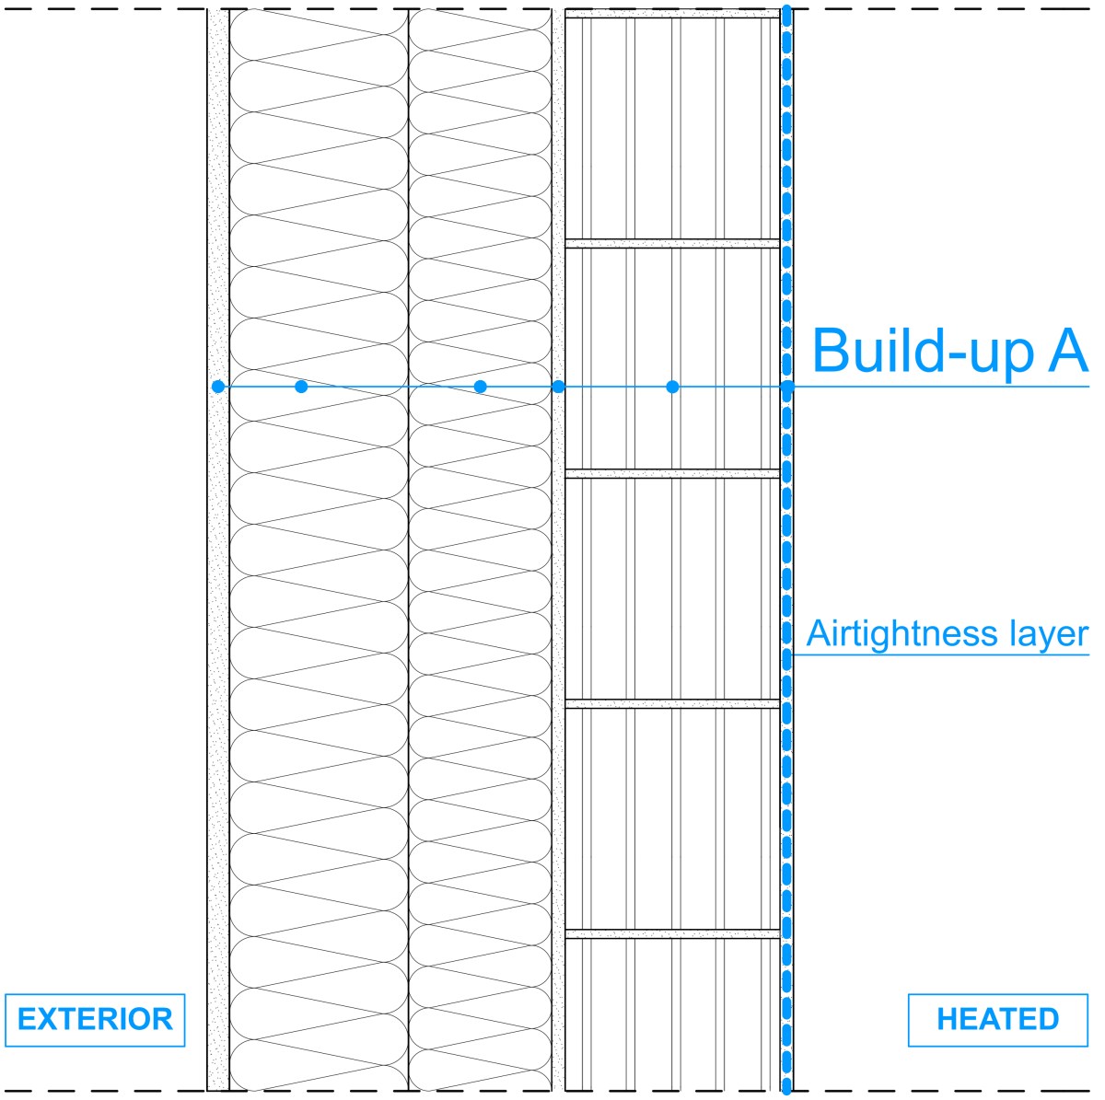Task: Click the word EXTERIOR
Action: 95,1019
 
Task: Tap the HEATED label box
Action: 997,1020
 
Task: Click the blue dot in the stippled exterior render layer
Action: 217,387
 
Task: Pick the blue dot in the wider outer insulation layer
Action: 301,387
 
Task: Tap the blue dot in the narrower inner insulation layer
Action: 480,387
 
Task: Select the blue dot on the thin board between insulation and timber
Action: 558,387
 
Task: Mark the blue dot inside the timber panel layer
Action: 672,387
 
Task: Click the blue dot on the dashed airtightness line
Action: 786,387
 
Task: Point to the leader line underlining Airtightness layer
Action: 939,654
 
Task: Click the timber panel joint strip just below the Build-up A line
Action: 672,473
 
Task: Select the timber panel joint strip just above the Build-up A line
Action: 672,243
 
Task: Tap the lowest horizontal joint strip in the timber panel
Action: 672,933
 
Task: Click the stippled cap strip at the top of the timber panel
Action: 672,13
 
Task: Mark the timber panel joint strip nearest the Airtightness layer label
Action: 672,703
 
